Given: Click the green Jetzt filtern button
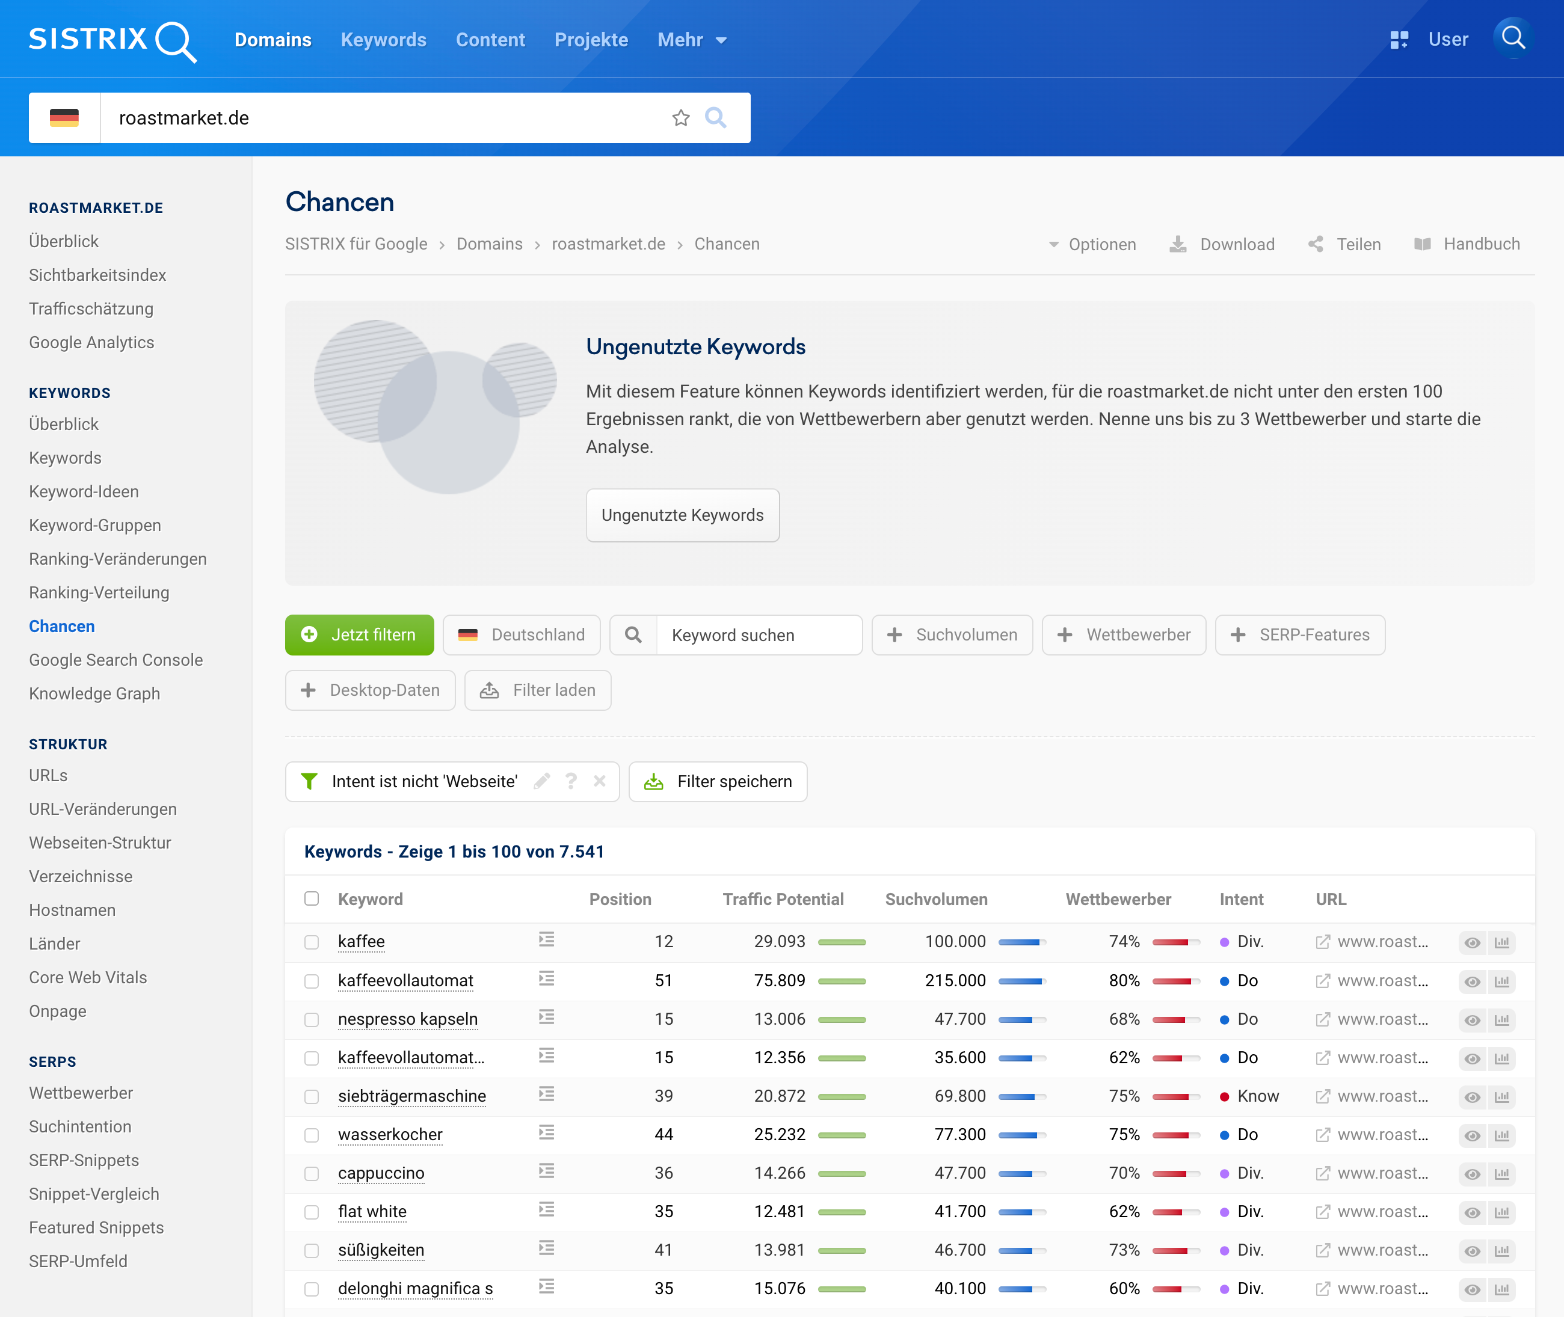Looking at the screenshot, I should (x=359, y=634).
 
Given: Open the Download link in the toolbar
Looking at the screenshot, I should (x=1223, y=244).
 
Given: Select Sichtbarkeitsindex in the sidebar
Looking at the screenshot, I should (x=97, y=275).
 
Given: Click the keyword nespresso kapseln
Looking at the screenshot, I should (x=408, y=1019).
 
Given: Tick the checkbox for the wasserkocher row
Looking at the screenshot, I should (x=312, y=1135).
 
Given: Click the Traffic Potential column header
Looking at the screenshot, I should (x=783, y=899).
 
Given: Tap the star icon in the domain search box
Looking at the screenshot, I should (x=680, y=118).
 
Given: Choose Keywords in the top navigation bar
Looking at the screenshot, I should (x=383, y=40).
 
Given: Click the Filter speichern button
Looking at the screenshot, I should (x=718, y=782).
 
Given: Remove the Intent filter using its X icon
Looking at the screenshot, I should (x=599, y=781).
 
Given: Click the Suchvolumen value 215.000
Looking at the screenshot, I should (x=955, y=980).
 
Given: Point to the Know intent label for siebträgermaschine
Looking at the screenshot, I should (x=1258, y=1096).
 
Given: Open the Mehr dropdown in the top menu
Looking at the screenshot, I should (x=692, y=40).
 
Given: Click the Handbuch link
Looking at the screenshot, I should (x=1467, y=244).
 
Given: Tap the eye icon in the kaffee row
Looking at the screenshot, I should (x=1472, y=942).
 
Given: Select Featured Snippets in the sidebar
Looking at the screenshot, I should (x=96, y=1227).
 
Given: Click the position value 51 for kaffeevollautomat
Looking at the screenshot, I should (x=663, y=980).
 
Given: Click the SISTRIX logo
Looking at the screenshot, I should (x=112, y=40).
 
